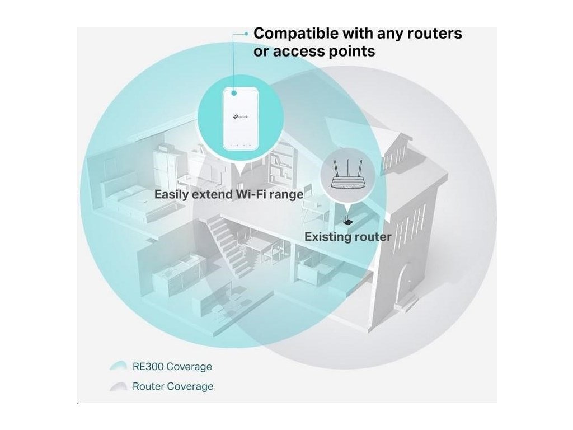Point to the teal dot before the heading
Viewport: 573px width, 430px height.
[x=245, y=34]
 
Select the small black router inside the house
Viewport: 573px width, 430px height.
[x=347, y=222]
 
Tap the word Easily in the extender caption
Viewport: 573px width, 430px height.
[x=171, y=195]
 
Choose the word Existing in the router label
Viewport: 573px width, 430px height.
[x=326, y=237]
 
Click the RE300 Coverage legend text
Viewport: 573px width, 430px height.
[x=172, y=367]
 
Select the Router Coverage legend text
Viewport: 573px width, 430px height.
[x=172, y=386]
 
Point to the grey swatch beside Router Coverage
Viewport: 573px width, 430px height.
[x=119, y=386]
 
